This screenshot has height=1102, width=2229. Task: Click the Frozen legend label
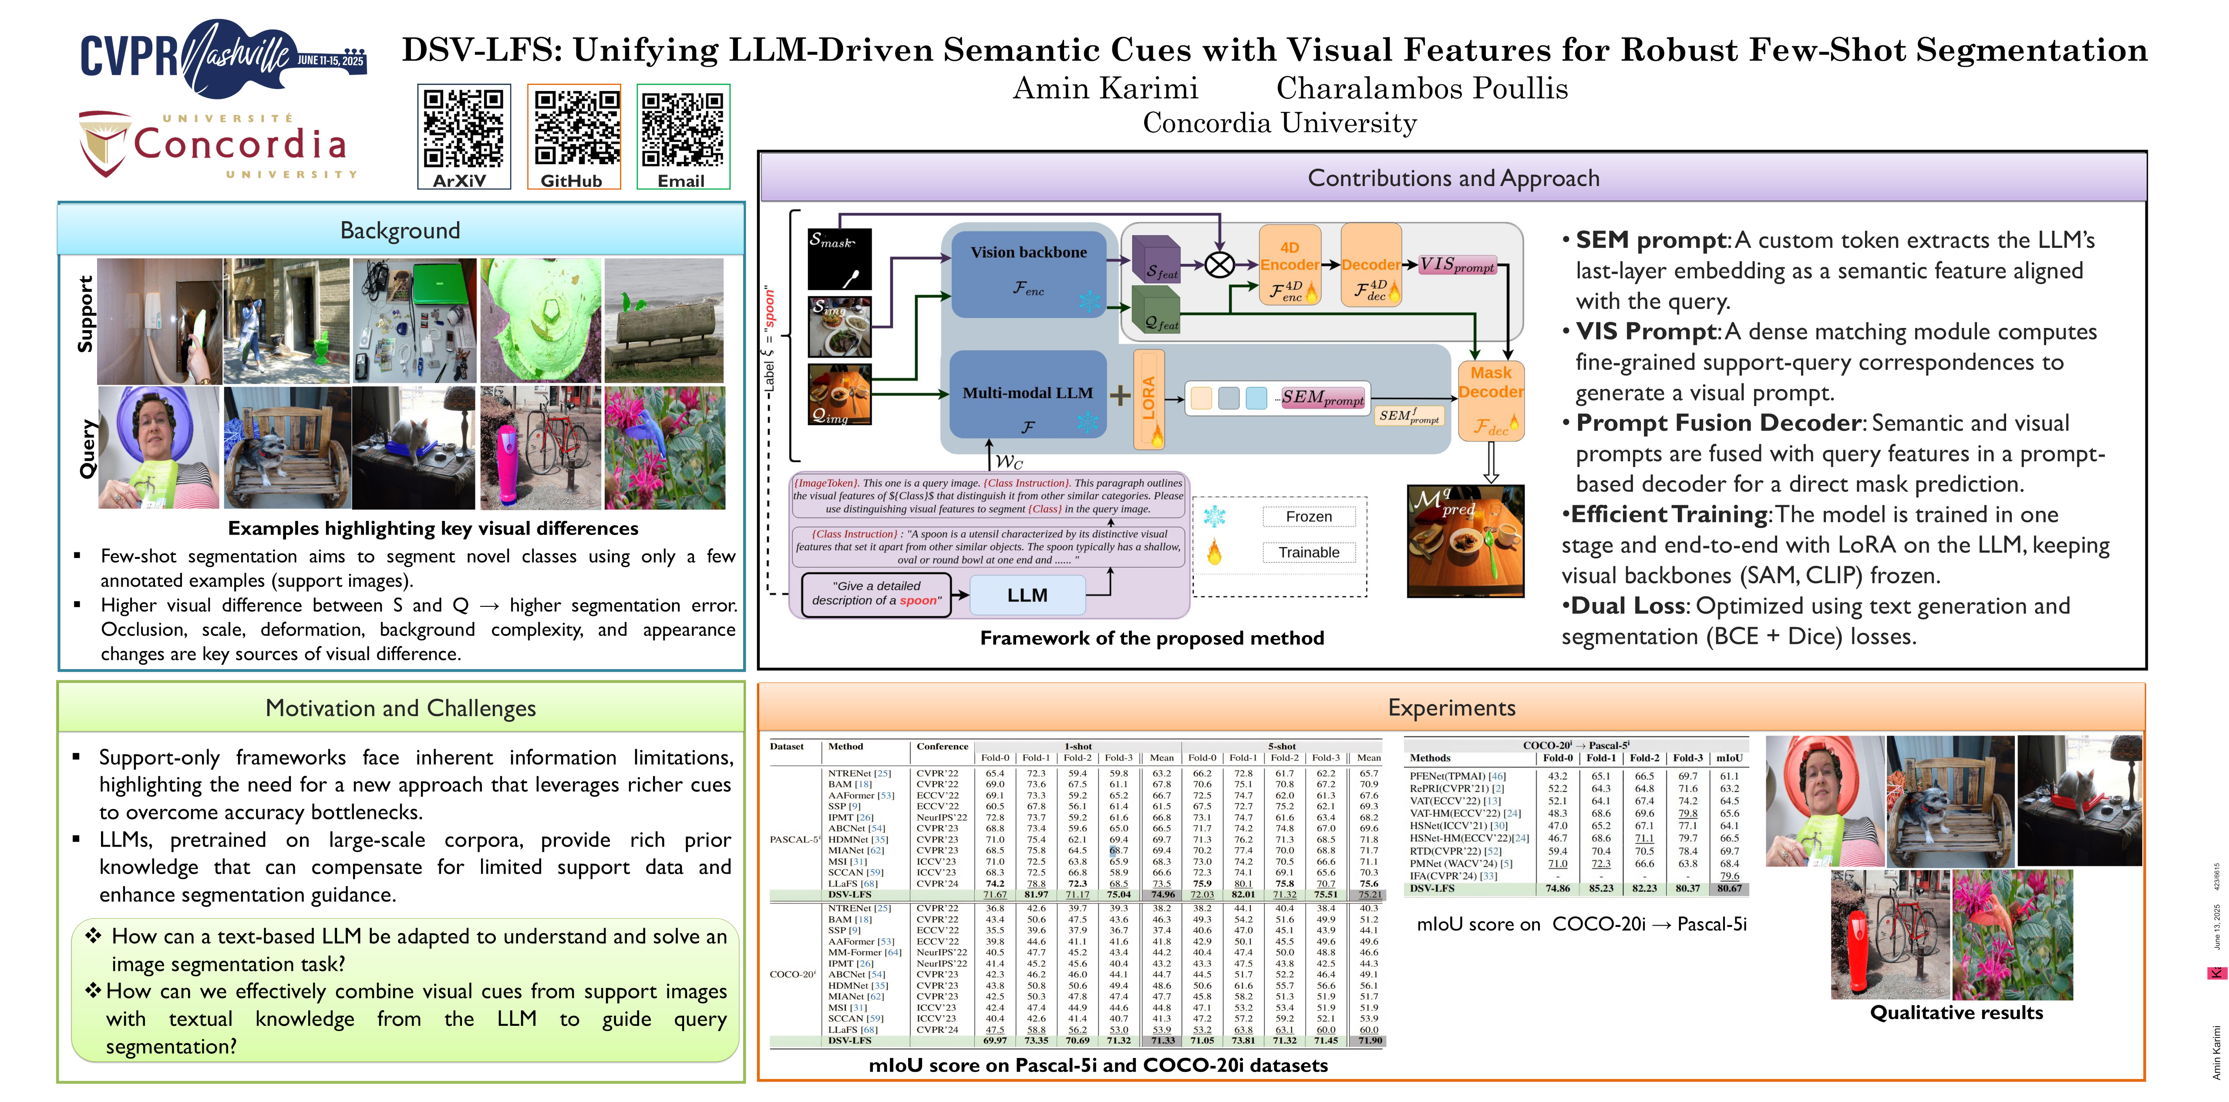1308,517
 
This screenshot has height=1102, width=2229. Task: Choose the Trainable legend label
1308,552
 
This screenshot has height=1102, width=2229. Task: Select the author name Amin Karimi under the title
1105,88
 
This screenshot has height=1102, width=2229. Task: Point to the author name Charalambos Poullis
1422,88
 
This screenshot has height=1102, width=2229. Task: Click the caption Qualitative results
1956,1013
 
